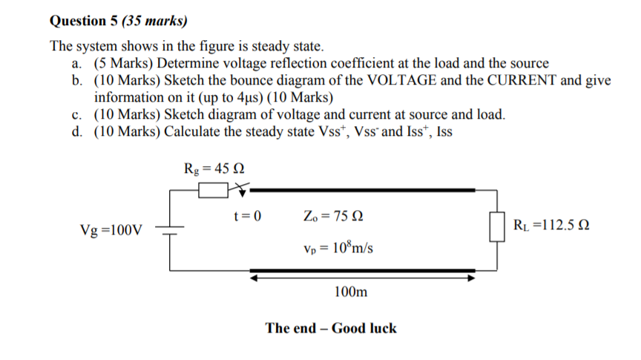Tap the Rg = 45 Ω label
[x=214, y=168]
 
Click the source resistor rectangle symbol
[x=211, y=192]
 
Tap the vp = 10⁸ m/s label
[x=338, y=246]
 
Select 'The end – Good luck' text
[x=331, y=328]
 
